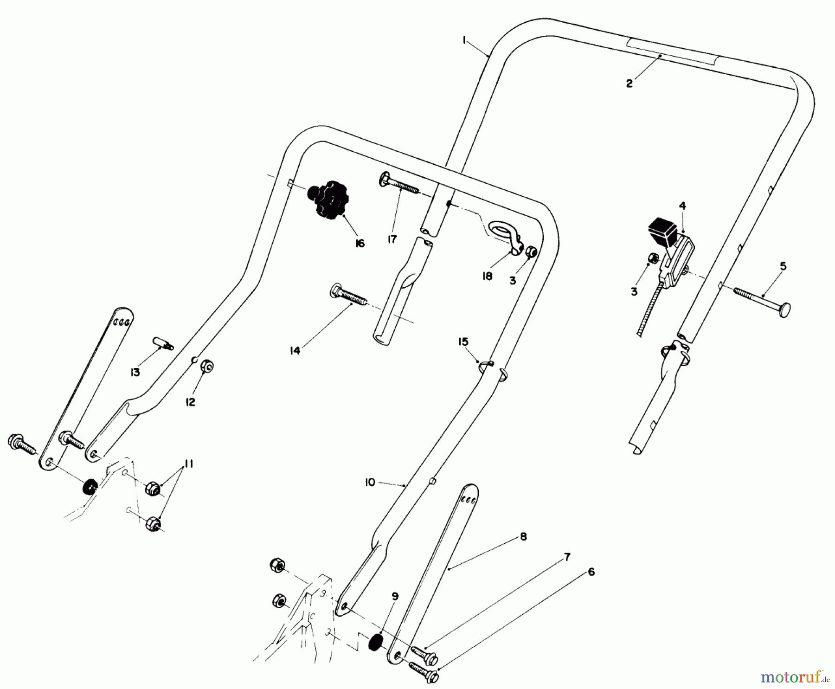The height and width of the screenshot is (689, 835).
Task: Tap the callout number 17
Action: (x=392, y=239)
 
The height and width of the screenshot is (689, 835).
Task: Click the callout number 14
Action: (x=295, y=351)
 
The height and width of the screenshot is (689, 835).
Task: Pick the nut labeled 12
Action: (x=207, y=367)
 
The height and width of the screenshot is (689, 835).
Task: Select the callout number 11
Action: (x=189, y=464)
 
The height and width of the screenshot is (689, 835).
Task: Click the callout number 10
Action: (x=370, y=483)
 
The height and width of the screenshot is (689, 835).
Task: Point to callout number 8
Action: (x=523, y=536)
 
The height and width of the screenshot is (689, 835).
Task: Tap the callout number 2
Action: (x=629, y=84)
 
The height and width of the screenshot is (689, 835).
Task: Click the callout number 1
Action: (x=464, y=40)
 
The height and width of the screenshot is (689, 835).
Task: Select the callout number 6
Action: (x=591, y=572)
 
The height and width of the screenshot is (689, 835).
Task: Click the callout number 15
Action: (x=463, y=342)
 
